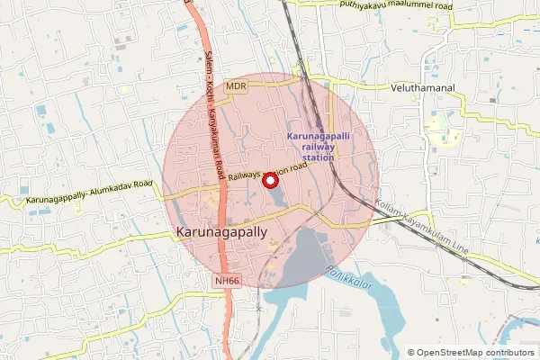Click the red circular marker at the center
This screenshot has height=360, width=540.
click(x=268, y=181)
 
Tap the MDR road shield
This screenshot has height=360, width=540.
click(x=237, y=85)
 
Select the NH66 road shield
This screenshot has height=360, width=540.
click(x=228, y=282)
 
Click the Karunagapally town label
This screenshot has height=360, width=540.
click(x=220, y=232)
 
